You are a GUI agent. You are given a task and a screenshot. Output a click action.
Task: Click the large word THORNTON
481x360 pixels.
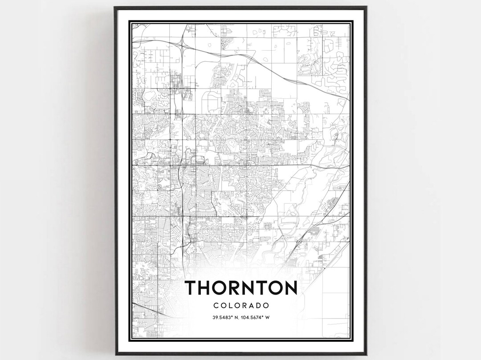240,288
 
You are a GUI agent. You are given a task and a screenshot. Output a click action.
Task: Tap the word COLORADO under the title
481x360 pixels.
241,306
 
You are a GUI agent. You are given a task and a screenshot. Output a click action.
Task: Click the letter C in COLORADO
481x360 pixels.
216,306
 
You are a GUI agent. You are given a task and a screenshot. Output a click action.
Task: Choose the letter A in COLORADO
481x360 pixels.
252,306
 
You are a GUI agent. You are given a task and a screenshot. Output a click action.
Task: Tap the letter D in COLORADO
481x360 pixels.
259,306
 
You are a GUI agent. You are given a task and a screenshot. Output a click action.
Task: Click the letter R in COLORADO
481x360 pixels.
245,306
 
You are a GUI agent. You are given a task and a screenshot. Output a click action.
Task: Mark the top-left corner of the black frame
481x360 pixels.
114,7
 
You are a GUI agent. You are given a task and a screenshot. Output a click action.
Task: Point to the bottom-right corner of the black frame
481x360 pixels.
366,354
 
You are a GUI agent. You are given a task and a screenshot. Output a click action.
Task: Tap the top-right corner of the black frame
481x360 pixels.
366,7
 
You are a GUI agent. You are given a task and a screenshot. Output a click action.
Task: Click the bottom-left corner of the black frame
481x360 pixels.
115,354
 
